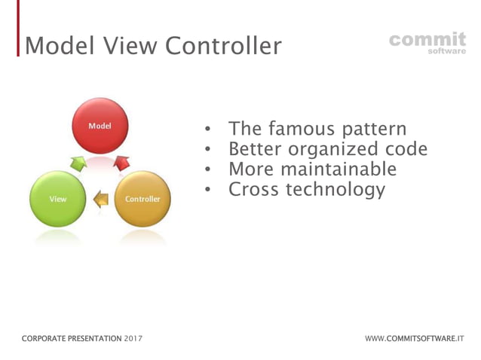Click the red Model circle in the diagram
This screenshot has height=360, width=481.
point(100,126)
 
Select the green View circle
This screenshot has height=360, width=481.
point(57,199)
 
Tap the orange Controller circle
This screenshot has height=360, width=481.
point(142,199)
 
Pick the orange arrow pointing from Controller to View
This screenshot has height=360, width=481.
point(100,199)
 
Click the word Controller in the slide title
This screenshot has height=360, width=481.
point(223,46)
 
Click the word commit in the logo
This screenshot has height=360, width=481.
point(427,38)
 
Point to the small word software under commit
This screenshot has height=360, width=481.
point(446,52)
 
